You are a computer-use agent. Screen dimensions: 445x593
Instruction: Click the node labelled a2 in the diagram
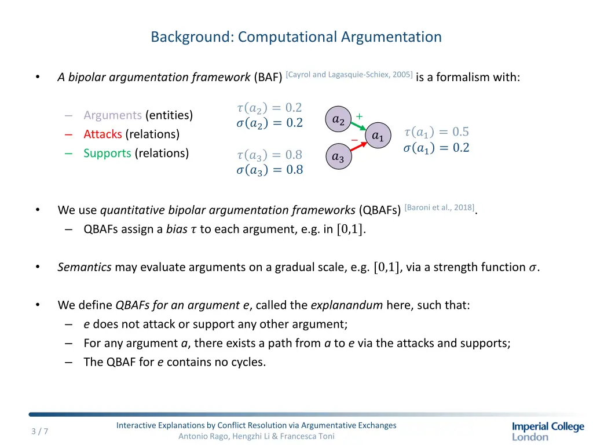point(339,120)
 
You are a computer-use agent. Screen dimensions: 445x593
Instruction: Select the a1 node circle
point(378,136)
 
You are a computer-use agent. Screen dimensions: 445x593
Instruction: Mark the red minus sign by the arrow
point(354,140)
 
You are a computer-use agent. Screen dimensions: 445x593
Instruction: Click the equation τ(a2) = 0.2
point(269,108)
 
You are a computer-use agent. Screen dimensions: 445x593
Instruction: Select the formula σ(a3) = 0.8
point(269,170)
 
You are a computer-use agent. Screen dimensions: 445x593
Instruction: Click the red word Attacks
point(103,134)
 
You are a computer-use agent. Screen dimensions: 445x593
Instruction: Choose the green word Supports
point(107,154)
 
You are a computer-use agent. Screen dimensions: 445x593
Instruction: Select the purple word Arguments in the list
point(112,115)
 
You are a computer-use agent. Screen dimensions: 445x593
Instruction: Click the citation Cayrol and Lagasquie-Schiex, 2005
point(349,74)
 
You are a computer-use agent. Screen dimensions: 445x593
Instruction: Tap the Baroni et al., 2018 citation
point(440,207)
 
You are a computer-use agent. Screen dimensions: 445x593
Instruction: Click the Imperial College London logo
point(548,431)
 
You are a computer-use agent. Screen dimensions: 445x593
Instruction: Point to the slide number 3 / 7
point(40,431)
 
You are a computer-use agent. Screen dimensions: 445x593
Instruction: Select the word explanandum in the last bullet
point(346,305)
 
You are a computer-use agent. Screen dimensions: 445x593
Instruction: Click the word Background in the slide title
point(191,37)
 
